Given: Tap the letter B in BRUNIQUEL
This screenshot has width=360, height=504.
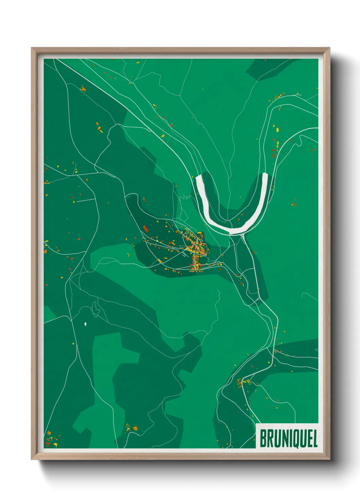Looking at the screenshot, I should pos(263,439).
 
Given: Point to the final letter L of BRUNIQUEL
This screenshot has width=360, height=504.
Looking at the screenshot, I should pos(315,439).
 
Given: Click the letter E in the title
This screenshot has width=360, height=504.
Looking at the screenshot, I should pos(309,439).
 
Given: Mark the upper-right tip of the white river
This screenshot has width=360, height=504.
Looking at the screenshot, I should pos(265,175).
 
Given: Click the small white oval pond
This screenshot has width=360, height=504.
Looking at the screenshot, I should pos(85,324).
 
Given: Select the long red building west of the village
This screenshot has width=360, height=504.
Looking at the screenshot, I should pos(145,228).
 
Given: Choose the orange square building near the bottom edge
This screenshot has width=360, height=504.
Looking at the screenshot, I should pos(135,428).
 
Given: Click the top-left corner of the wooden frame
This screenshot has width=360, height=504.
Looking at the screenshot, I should pos(32,48).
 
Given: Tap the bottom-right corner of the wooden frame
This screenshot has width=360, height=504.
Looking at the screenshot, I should pos(329,459).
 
